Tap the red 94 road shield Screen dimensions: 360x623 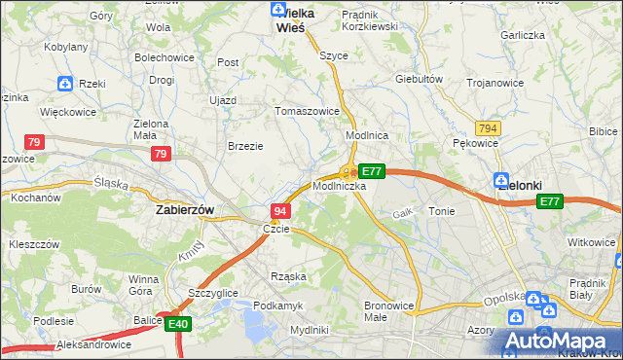click(x=279, y=211)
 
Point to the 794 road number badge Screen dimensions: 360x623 click(x=489, y=128)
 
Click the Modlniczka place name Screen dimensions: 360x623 click(x=340, y=186)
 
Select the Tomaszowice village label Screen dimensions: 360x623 click(x=308, y=111)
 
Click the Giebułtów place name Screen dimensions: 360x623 click(x=420, y=79)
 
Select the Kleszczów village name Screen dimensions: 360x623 click(x=33, y=244)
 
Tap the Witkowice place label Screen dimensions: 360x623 click(x=593, y=242)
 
